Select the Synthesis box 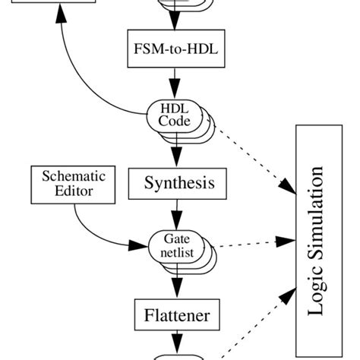point(179,182)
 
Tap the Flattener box point(178,314)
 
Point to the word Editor point(74,191)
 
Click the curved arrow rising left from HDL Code point(76,76)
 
